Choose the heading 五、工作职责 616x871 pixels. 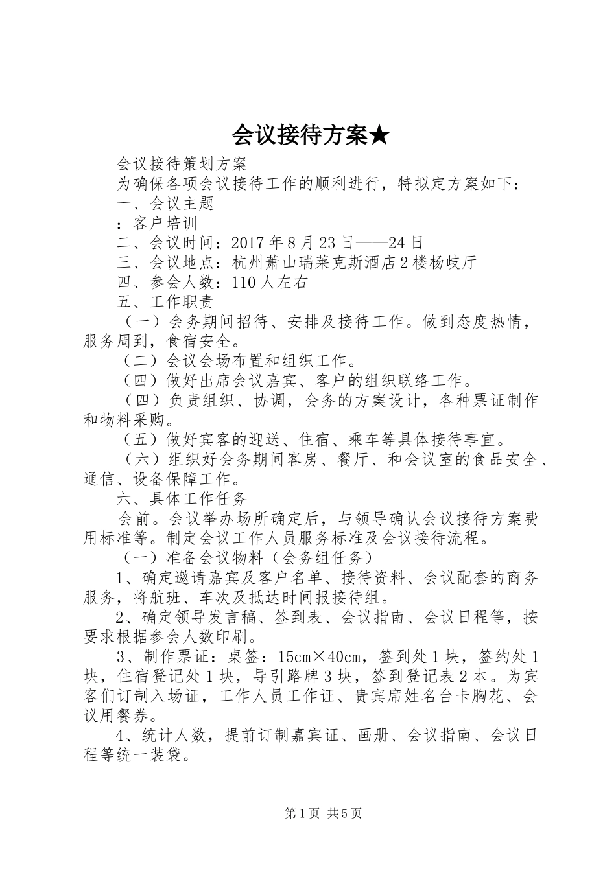(165, 301)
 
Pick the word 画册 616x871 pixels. (374, 736)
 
